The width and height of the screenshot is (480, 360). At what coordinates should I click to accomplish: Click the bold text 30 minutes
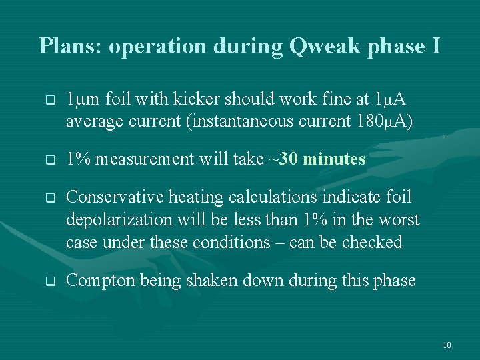[323, 159]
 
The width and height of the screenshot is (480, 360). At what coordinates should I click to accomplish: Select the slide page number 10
[447, 345]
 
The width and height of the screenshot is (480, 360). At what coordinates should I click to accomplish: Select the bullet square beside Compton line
[49, 281]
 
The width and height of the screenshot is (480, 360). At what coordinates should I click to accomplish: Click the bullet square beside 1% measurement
[49, 160]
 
